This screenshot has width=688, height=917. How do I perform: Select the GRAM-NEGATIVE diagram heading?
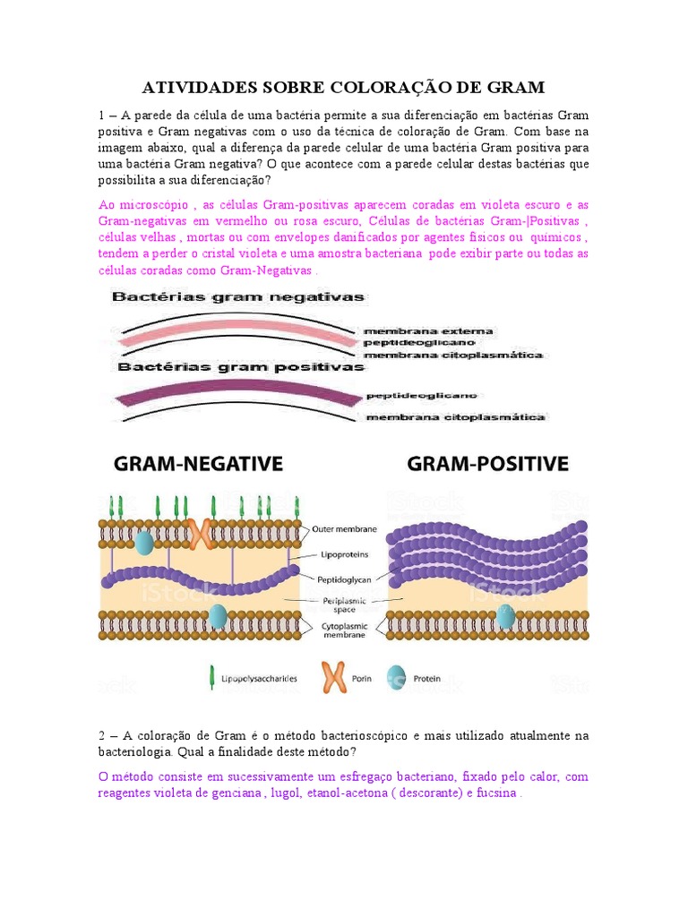(x=198, y=464)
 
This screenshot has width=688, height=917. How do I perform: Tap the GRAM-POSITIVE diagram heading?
(x=487, y=464)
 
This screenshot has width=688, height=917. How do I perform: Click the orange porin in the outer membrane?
(x=200, y=534)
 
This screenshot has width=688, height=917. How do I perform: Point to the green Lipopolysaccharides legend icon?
(x=211, y=678)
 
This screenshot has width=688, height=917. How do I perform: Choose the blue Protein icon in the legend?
(x=395, y=678)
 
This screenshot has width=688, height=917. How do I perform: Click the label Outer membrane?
(x=344, y=529)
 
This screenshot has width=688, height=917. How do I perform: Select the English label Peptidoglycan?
(x=344, y=578)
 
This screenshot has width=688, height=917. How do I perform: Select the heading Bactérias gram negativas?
(x=238, y=297)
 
